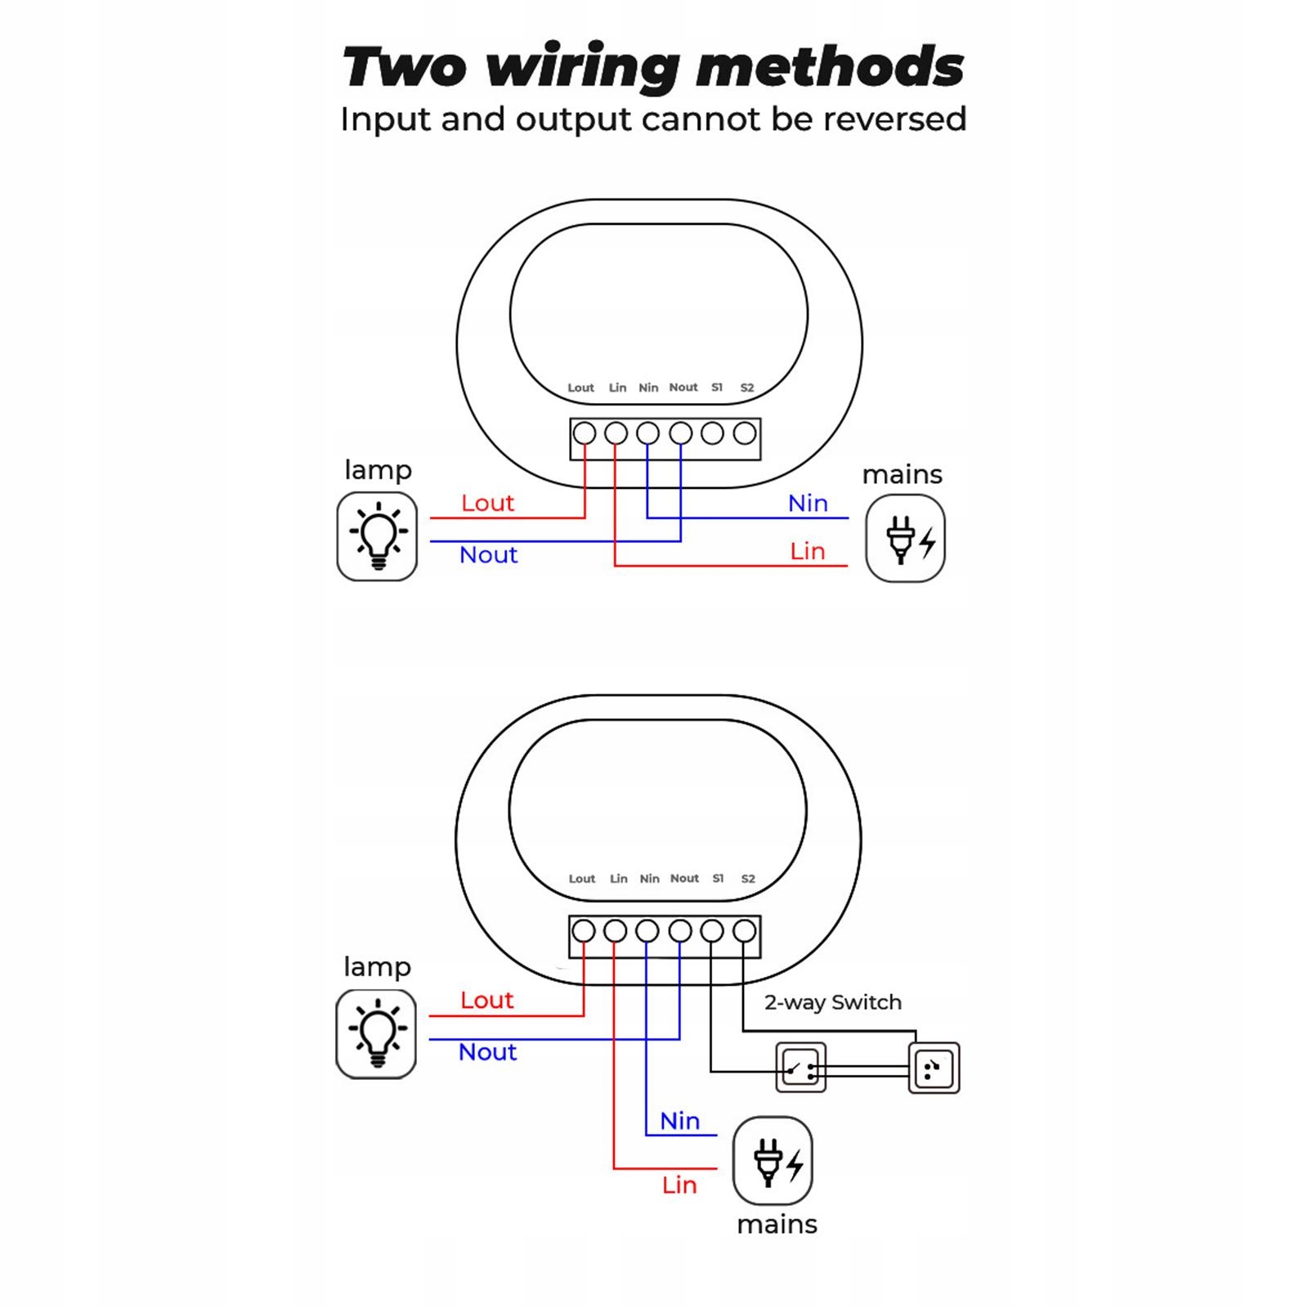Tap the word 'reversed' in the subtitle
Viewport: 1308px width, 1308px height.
895,119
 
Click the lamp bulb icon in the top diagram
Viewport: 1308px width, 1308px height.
377,536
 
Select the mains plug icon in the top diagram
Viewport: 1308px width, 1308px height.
905,539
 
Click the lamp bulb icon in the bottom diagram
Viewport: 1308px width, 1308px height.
376,1033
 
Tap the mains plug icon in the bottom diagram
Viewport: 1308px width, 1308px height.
773,1161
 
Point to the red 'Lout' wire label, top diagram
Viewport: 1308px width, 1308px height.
487,503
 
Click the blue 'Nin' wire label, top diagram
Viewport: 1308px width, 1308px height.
808,504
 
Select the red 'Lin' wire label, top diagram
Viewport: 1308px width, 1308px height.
807,551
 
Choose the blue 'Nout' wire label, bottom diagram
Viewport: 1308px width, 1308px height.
487,1052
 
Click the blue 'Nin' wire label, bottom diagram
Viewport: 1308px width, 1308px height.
679,1121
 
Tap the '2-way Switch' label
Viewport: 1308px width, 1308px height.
832,1002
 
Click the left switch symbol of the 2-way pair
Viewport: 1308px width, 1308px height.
800,1068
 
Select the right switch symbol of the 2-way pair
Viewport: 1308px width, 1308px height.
934,1068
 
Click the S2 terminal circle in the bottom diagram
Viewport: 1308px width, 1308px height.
744,930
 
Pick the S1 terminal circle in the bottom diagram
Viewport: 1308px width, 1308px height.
712,930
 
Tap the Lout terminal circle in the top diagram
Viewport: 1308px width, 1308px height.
584,433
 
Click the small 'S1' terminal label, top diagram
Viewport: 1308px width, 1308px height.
717,387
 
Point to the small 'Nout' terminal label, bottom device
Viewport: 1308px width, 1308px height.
684,879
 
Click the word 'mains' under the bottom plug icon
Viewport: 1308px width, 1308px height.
777,1225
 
